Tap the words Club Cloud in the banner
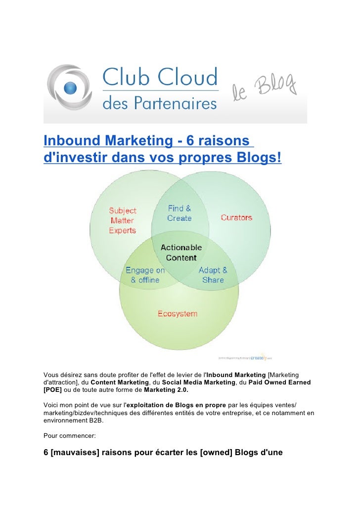[x=160, y=78]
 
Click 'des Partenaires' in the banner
[x=159, y=103]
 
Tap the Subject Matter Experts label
[x=123, y=220]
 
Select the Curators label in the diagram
[x=236, y=217]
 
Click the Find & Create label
[x=180, y=213]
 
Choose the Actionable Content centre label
[x=181, y=252]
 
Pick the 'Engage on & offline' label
[x=145, y=275]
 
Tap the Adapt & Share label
[x=213, y=275]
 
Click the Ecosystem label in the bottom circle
[x=177, y=314]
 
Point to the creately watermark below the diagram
[x=259, y=357]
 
